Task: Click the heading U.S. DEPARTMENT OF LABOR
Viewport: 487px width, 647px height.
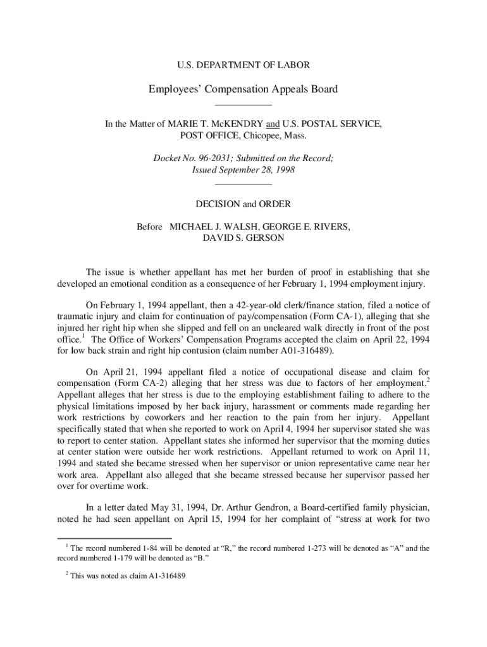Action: click(x=243, y=64)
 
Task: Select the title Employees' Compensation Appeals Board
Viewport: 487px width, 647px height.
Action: click(x=243, y=89)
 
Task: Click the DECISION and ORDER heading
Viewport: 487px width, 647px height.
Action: click(x=244, y=204)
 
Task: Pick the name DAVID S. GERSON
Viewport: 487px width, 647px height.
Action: click(x=244, y=238)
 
